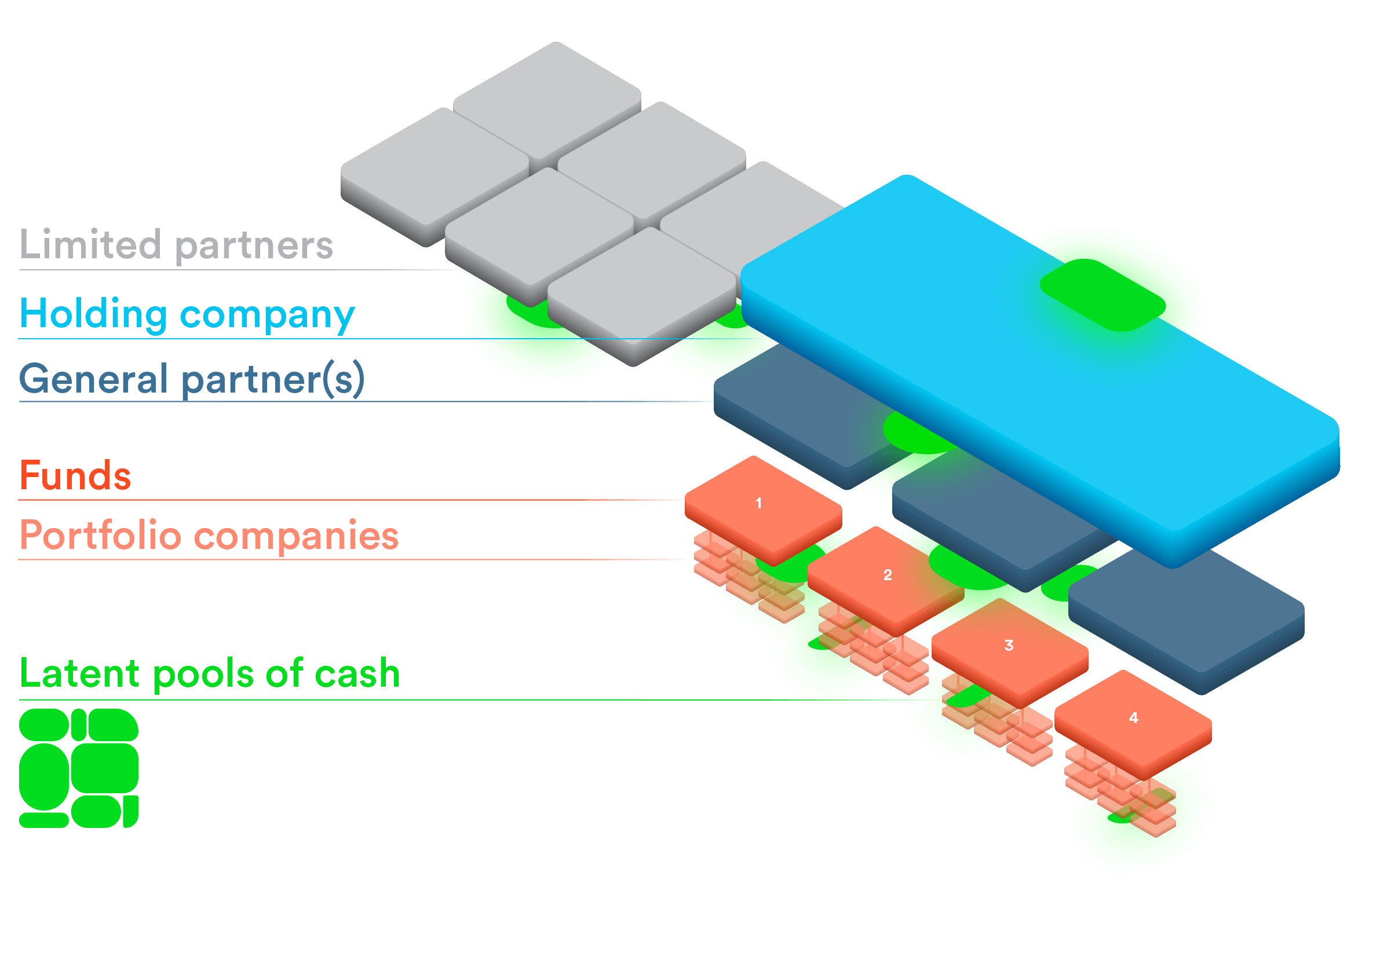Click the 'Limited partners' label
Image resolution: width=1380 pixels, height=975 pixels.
point(176,245)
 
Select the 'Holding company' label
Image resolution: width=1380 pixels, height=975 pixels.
point(187,314)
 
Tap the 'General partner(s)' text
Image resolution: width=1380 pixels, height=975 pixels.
point(192,379)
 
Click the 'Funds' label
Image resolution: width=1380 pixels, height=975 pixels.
point(75,476)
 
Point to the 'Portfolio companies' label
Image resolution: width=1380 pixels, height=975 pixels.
point(209,535)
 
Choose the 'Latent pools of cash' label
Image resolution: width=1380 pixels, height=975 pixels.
point(210,673)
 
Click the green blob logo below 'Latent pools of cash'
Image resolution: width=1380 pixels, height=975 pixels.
point(79,768)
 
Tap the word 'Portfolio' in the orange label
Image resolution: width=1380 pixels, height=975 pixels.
point(100,535)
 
